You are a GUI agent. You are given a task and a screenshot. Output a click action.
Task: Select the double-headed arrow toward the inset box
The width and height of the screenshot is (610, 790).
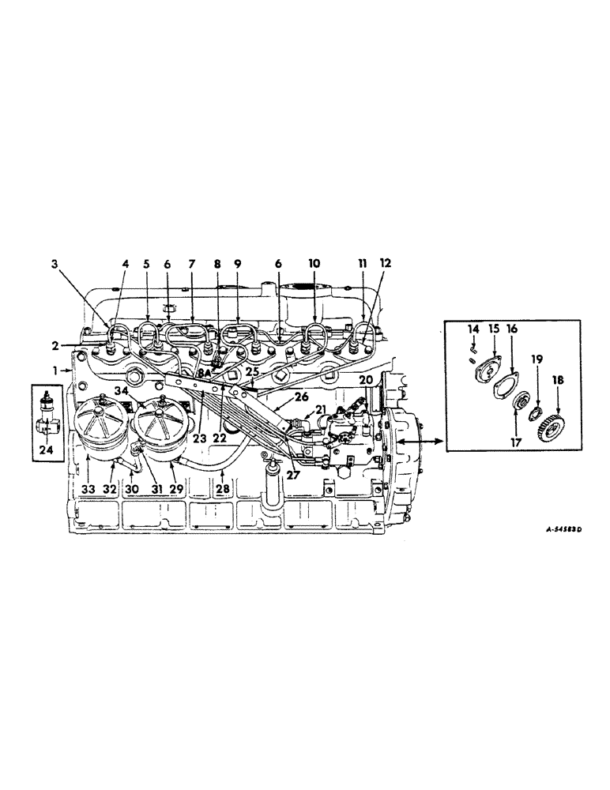click(412, 436)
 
